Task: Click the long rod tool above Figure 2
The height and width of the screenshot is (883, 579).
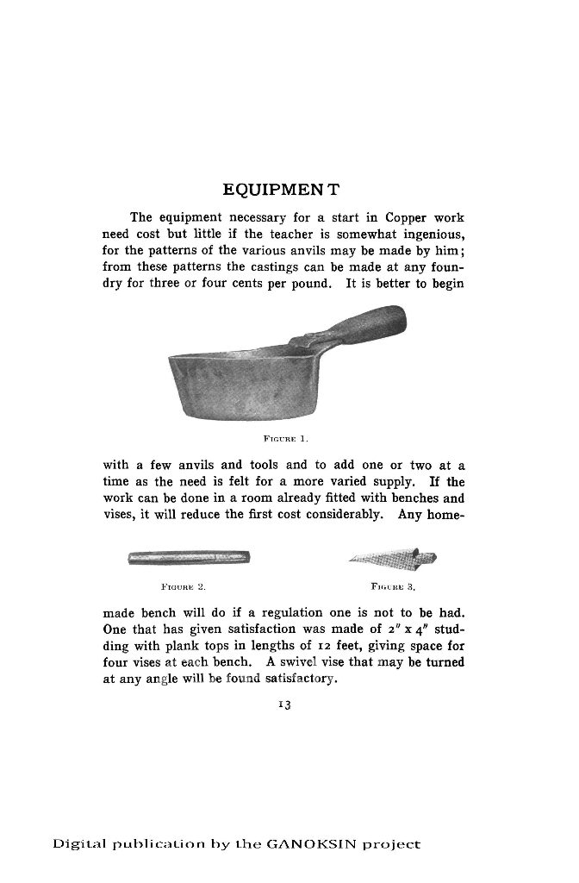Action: (190, 557)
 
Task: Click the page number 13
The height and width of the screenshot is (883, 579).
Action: (283, 705)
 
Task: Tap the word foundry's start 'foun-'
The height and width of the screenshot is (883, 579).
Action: (449, 266)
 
